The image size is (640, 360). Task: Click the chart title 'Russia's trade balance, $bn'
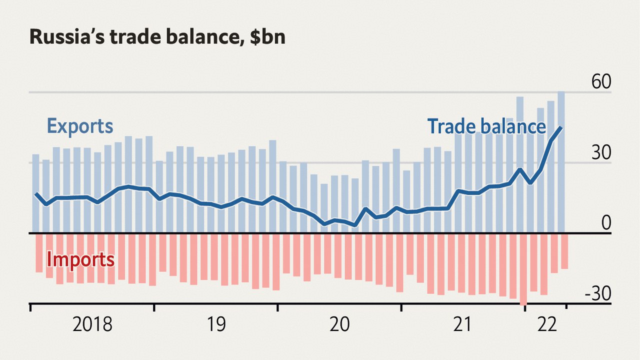pyautogui.click(x=157, y=37)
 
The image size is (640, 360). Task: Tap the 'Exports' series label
pyautogui.click(x=80, y=126)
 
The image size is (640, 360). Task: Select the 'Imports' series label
pyautogui.click(x=80, y=260)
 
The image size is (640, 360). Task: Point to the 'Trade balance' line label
pyautogui.click(x=486, y=126)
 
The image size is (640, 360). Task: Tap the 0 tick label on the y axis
pyautogui.click(x=606, y=223)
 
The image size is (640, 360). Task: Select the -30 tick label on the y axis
pyautogui.click(x=598, y=295)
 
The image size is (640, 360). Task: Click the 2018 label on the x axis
pyautogui.click(x=92, y=325)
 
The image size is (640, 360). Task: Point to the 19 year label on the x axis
pyautogui.click(x=216, y=325)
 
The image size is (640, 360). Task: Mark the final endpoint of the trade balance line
pyautogui.click(x=561, y=127)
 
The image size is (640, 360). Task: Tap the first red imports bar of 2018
pyautogui.click(x=39, y=253)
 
